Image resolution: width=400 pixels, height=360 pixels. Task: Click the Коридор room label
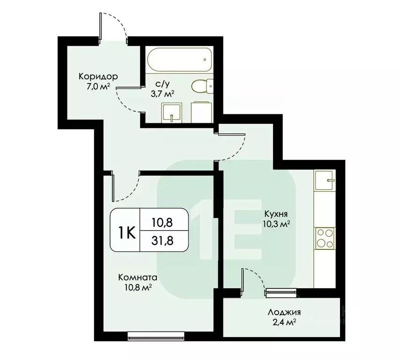tap(98, 76)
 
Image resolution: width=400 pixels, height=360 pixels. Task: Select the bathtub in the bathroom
tap(178, 60)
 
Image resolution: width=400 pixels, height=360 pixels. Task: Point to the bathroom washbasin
tap(171, 113)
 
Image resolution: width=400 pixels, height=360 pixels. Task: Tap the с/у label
tap(163, 84)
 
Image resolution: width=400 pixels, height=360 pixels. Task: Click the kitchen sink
tap(325, 180)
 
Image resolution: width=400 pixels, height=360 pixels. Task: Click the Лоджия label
tap(284, 313)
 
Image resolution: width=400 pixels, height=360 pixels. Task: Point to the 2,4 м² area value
tap(284, 322)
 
